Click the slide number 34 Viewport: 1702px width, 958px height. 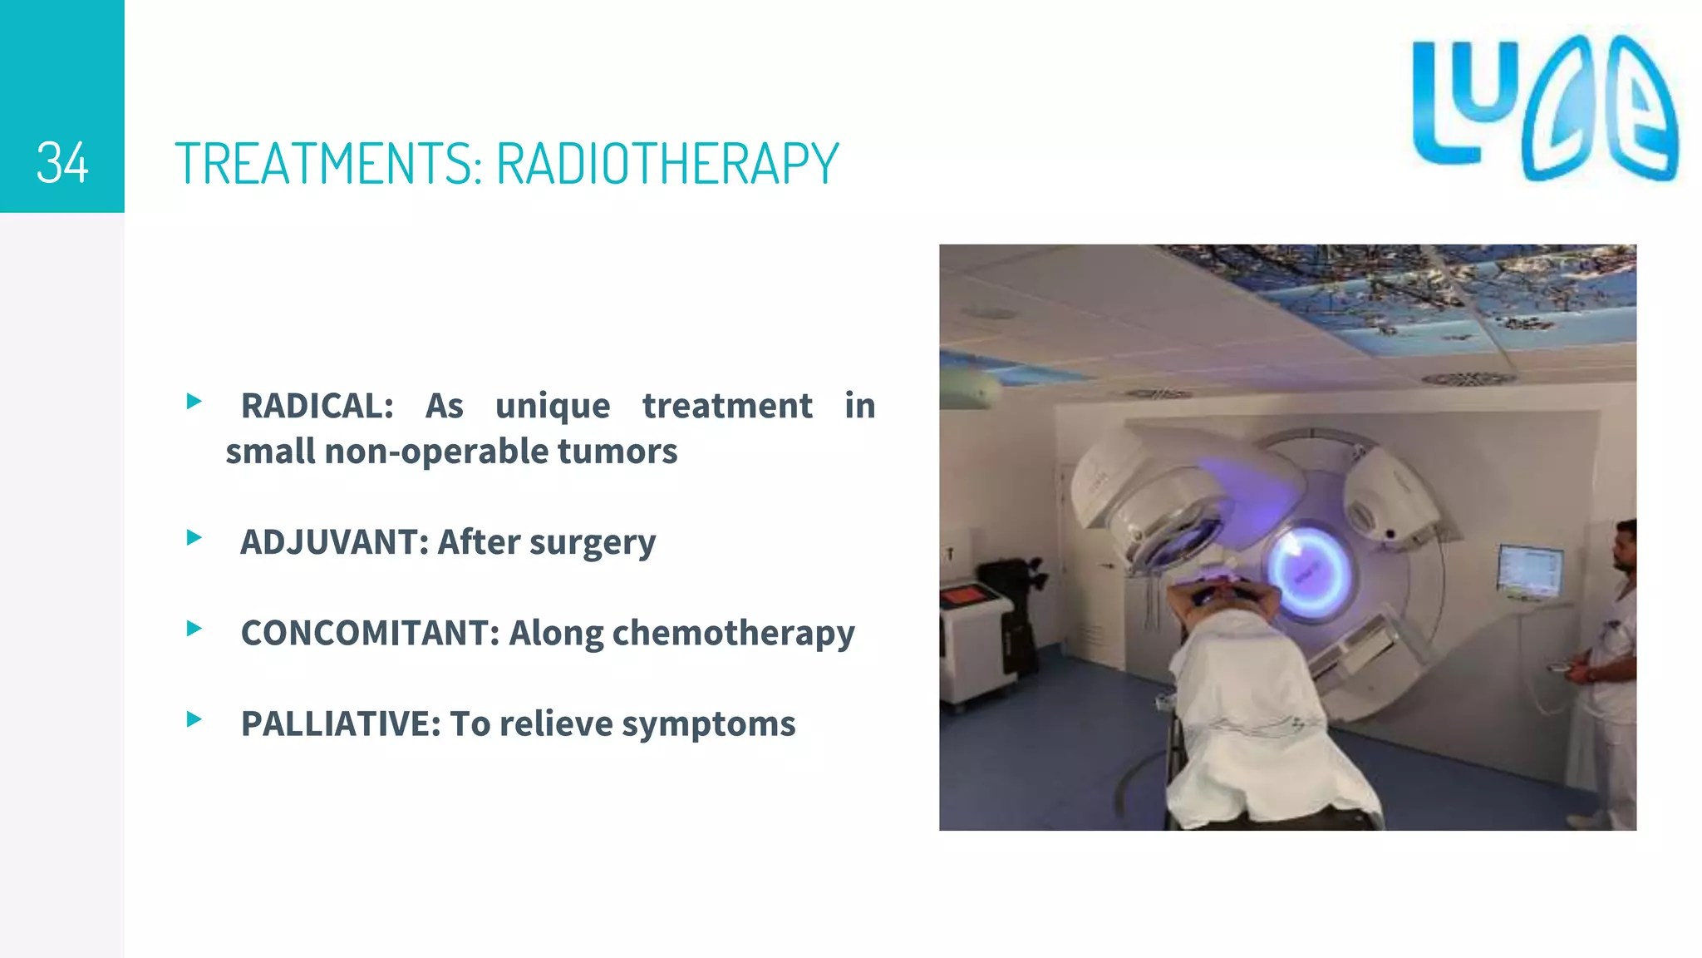pos(62,163)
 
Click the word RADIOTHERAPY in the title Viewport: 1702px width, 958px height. pos(667,163)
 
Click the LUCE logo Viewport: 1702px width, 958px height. pos(1544,108)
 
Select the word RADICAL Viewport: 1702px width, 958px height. pos(317,406)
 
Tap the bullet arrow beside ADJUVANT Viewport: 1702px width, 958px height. pos(194,537)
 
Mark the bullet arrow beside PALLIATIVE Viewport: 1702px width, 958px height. pos(194,719)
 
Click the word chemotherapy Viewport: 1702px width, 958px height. pos(733,633)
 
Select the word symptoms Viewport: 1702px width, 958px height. pos(708,723)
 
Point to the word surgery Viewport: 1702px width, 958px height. pos(592,543)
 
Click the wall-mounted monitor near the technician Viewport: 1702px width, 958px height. pos(1529,571)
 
